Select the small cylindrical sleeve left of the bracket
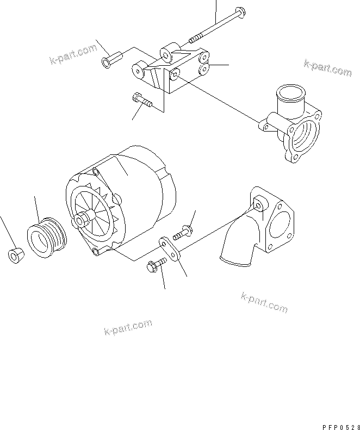pos(108,59)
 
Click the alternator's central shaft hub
pos(83,220)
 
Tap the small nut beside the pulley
pos(15,254)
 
